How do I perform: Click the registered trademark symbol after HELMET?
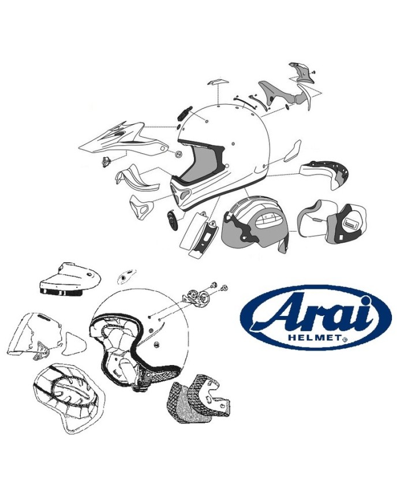tap(345, 339)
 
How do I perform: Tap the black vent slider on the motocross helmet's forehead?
tap(184, 113)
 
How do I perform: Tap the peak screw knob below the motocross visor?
tap(106, 161)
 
